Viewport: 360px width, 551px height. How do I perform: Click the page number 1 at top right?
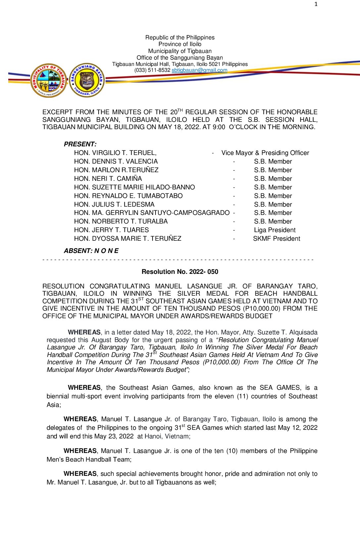316,4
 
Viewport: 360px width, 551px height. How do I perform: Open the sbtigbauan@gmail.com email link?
199,70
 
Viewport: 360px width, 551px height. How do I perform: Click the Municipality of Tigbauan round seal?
49,80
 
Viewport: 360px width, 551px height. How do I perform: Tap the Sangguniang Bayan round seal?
87,80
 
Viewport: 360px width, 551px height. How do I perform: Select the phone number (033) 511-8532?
152,70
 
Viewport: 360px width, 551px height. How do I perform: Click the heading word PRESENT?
80,144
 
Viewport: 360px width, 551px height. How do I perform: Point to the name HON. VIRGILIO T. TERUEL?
115,153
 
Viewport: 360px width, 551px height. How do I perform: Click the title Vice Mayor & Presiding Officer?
265,153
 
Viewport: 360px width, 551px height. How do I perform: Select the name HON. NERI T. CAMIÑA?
108,179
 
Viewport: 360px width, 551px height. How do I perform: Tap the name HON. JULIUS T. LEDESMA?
114,205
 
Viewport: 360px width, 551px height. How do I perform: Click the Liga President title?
275,230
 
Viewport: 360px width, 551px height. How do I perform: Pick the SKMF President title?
277,239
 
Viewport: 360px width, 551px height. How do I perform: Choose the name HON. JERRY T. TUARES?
112,230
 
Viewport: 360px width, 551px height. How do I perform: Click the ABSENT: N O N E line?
91,251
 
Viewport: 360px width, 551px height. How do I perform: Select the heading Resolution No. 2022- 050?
180,272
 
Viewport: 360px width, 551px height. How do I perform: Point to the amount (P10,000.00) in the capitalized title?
262,309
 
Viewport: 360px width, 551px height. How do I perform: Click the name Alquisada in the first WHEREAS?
303,332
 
